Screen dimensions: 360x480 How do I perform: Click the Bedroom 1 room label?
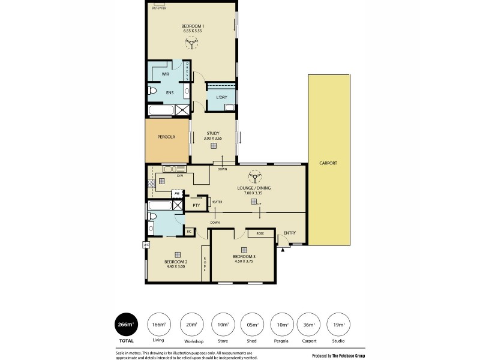click(x=193, y=26)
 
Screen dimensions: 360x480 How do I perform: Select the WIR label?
click(x=165, y=74)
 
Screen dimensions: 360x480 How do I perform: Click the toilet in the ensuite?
click(x=152, y=92)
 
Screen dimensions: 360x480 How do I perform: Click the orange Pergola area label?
click(x=166, y=137)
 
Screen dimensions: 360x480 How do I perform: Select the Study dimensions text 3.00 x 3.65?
click(x=212, y=139)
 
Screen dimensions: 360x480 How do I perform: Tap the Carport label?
click(x=328, y=163)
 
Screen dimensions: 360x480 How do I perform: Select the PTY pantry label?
click(x=196, y=205)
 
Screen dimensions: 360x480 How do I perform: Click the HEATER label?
click(x=217, y=202)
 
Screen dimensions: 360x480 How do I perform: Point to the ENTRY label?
click(x=290, y=233)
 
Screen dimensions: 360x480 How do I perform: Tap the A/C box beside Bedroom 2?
click(x=146, y=245)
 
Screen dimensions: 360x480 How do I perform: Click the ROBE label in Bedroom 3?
click(x=260, y=233)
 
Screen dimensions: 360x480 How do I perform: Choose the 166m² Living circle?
click(x=158, y=325)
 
